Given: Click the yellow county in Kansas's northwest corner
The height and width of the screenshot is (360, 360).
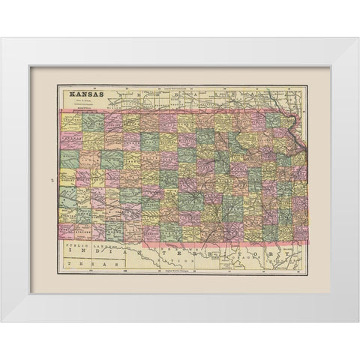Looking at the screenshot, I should (x=71, y=121).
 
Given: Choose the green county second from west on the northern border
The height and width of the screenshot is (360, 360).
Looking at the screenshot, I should (x=93, y=121).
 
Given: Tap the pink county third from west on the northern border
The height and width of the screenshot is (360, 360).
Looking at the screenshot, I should (x=113, y=121).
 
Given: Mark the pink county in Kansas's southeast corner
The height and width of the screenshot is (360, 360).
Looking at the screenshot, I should (x=299, y=233).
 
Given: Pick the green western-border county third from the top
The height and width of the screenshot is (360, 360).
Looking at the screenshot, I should (x=70, y=158).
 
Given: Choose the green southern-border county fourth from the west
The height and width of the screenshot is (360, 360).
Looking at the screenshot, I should (x=115, y=232).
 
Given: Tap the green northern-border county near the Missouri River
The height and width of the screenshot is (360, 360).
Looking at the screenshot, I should (x=274, y=121).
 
